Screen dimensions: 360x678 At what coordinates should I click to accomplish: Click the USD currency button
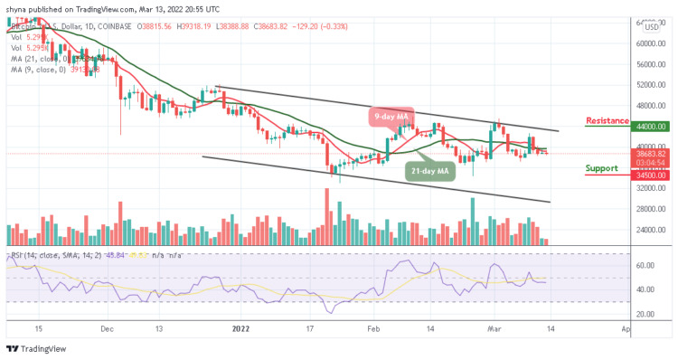click(650, 27)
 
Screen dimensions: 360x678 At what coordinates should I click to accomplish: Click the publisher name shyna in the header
click(18, 8)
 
